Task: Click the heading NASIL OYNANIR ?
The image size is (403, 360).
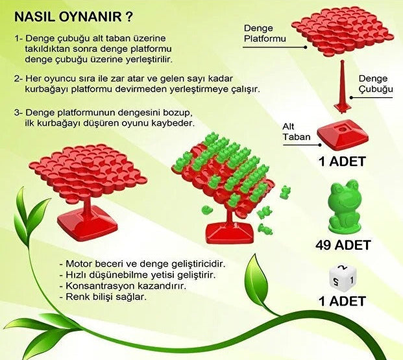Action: (75, 15)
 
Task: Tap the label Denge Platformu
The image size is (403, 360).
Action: (265, 34)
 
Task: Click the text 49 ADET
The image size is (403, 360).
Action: (343, 245)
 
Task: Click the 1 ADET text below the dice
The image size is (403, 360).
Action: (343, 300)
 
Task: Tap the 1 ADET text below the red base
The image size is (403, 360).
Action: (343, 161)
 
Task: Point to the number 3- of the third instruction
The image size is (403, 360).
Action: (19, 111)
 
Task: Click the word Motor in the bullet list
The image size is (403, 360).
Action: (79, 264)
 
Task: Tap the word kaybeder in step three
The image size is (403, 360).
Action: (175, 123)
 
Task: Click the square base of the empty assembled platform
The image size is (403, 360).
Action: (87, 222)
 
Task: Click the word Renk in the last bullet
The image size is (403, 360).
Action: (78, 297)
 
